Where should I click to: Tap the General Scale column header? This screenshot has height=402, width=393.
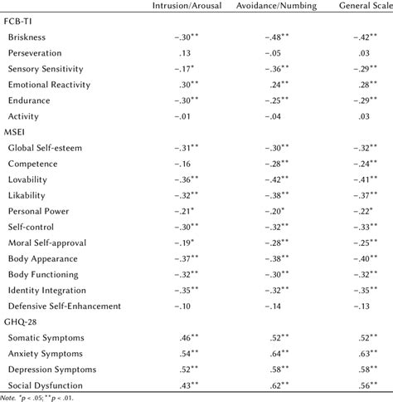(365, 7)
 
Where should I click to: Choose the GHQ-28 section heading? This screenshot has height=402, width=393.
(21, 321)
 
